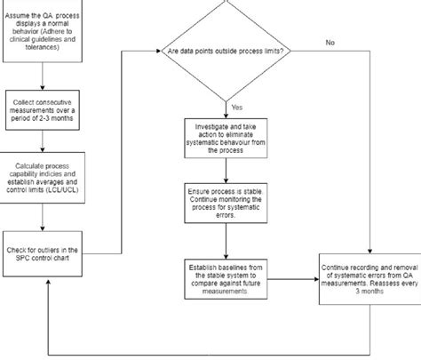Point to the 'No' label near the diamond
330,42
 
